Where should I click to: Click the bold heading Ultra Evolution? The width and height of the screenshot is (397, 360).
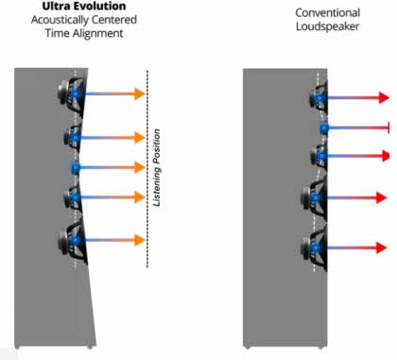pos(84,6)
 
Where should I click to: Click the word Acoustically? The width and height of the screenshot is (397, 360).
pos(56,20)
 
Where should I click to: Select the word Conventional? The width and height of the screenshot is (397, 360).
pos(328,13)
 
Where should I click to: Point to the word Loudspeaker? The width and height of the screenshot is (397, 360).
pos(327,26)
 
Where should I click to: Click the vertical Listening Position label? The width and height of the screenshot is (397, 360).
pos(157,167)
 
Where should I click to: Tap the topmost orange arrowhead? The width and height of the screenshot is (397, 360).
pos(140,94)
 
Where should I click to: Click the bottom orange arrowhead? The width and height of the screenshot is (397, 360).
pos(140,240)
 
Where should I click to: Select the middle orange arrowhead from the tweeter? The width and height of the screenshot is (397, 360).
pos(140,167)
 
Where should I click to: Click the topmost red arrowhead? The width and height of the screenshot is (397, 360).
pos(384,97)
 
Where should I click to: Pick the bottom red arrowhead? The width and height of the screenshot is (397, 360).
pos(382,248)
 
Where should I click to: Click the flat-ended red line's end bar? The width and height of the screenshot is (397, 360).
pos(389,128)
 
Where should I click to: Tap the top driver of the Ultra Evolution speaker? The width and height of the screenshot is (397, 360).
pos(72,94)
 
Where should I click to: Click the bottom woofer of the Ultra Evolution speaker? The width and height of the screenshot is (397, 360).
pos(73,241)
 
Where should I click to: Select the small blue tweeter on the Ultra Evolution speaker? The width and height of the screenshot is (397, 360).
pos(75,167)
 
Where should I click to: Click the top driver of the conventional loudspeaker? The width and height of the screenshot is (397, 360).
pos(319,98)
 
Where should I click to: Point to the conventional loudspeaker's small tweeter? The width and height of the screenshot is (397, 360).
pos(323,128)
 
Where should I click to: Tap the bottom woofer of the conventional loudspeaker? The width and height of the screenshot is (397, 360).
pos(315,248)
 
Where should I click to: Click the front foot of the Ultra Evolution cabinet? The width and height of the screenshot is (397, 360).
pos(90,347)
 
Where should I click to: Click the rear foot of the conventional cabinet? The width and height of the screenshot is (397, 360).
pos(247,348)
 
